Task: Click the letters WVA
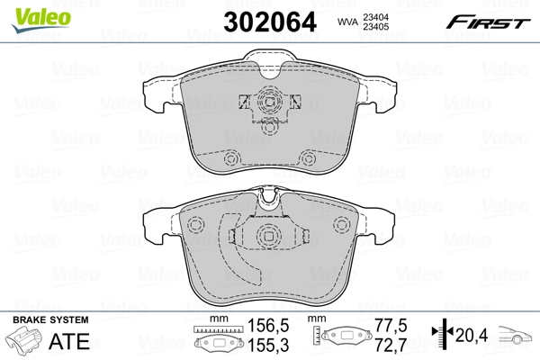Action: click(x=346, y=22)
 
